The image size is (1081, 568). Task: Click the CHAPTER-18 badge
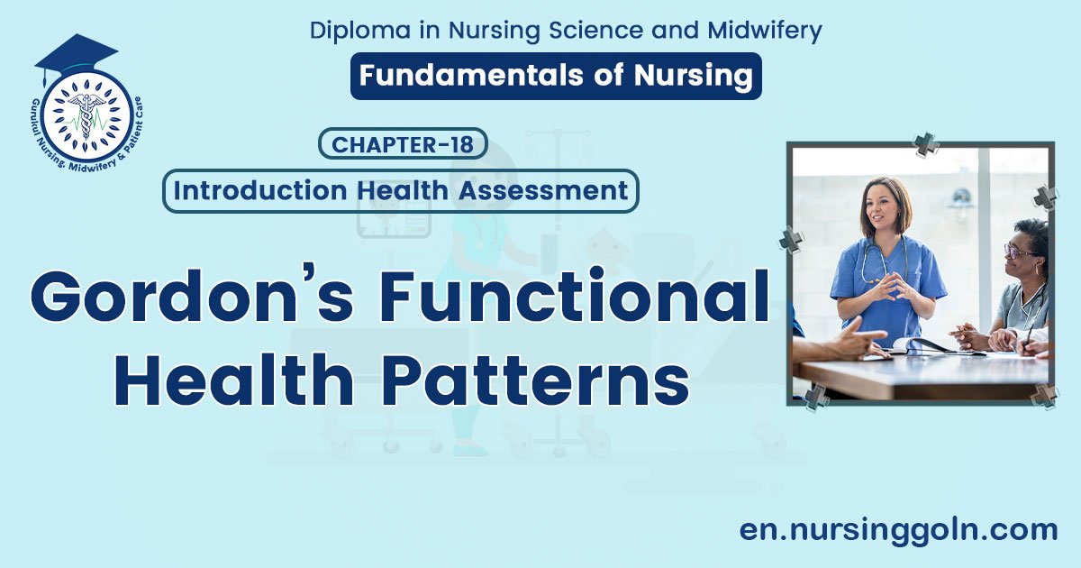(403, 144)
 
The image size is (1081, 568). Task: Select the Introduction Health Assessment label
(401, 191)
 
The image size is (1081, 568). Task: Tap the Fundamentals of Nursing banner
(556, 76)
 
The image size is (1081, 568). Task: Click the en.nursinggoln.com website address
(898, 529)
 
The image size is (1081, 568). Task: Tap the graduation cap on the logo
(76, 54)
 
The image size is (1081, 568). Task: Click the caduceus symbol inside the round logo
(86, 116)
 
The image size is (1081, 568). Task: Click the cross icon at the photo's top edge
(925, 144)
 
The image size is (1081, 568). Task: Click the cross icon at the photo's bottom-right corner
(1045, 395)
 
